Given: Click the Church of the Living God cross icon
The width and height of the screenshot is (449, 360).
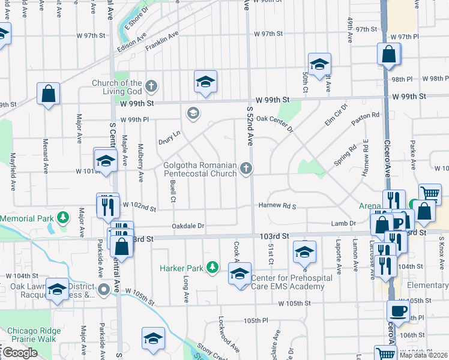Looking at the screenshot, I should coord(151,85).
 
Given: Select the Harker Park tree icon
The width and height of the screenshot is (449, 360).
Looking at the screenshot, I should coord(212,267).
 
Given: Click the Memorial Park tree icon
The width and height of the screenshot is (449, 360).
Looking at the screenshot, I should coord(62,217).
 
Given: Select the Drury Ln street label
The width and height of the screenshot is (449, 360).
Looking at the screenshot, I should coord(169,138).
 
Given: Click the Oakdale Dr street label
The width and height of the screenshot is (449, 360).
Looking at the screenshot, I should coord(188,226).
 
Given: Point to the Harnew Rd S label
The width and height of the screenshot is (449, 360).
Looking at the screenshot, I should coord(277,206).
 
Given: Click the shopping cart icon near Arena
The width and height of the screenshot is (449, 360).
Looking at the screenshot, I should coord(430,193).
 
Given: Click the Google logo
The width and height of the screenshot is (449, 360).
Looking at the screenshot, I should coord(20,353).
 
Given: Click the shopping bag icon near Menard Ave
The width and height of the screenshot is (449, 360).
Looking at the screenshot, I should coord(48,94).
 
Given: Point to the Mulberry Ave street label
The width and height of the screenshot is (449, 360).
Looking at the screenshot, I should coord(140,163).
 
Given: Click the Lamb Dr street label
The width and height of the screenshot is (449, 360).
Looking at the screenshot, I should coord(343,223).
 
